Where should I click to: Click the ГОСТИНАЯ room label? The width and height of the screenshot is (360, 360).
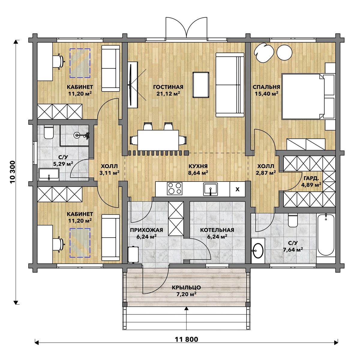168,87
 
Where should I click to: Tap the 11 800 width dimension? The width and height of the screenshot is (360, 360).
186,339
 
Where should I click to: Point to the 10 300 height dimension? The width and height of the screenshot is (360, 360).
13,172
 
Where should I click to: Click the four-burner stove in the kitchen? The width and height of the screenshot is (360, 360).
175,188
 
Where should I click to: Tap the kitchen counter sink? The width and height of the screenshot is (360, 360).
211,189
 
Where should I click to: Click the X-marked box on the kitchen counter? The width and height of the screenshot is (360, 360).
237,189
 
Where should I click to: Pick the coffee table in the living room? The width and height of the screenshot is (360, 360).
201,85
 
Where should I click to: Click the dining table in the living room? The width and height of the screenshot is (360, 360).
158,140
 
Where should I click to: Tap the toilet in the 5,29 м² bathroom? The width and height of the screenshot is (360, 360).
49,132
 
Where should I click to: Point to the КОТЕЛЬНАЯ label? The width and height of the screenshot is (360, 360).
217,230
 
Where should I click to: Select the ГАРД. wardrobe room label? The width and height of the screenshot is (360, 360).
311,178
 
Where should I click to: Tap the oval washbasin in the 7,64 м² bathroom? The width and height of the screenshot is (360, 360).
258,251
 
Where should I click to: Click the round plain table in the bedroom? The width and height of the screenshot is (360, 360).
284,52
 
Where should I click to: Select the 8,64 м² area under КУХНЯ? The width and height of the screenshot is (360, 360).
198,173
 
